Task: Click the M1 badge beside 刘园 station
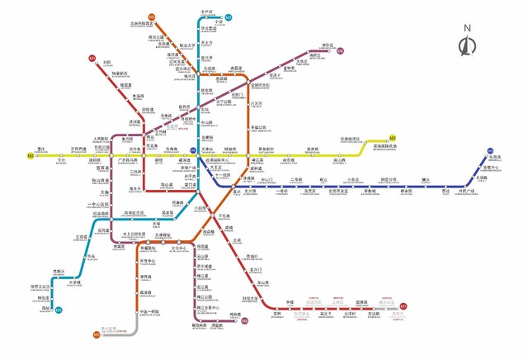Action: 92,60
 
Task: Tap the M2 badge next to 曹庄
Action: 31,155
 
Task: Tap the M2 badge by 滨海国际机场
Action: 394,137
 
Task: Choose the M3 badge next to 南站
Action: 59,310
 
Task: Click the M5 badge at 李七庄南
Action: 97,334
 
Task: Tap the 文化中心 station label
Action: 178,248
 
